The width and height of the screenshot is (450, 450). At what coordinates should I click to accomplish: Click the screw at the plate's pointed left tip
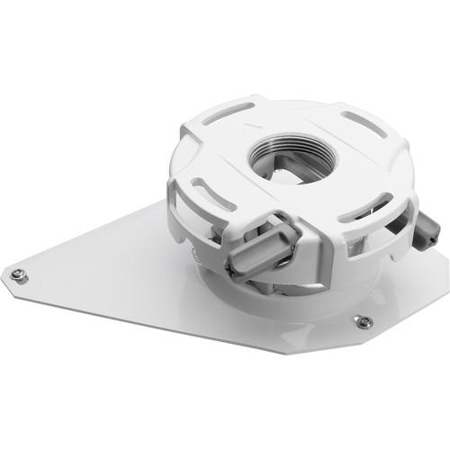[x=19, y=275]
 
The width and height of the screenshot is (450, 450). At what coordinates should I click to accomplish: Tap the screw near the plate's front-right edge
[x=364, y=321]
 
